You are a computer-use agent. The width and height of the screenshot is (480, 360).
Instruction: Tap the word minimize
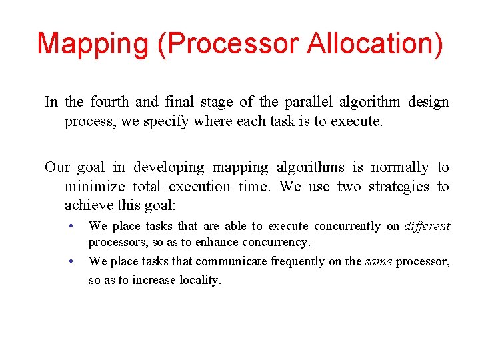click(x=95, y=187)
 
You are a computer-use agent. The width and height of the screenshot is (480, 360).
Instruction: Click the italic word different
click(x=427, y=226)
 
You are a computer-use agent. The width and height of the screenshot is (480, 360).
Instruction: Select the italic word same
click(x=378, y=261)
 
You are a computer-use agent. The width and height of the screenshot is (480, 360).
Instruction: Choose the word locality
click(x=199, y=280)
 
